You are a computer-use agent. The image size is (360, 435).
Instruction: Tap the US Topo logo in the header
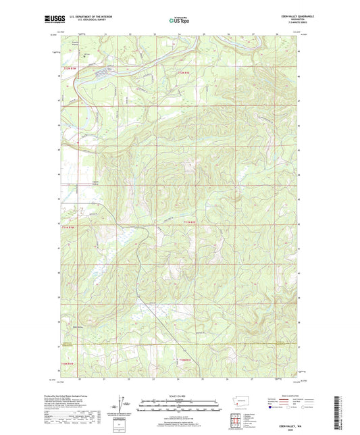point(179,20)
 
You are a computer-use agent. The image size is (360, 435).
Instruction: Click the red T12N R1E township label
point(185,71)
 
